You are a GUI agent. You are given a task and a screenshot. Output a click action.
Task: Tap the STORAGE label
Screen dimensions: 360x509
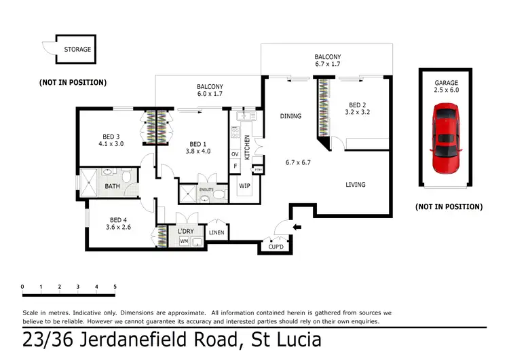pos(77,50)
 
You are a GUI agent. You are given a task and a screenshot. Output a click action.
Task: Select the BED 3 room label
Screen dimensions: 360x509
pos(111,136)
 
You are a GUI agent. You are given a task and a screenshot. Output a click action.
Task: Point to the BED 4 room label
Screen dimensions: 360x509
pos(118,220)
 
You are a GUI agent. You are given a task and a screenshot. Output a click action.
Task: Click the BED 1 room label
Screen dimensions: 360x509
pos(197,144)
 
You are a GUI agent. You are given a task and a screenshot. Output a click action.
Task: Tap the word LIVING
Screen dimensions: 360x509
pos(355,184)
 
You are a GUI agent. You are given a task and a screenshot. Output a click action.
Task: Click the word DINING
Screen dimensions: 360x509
pos(290,116)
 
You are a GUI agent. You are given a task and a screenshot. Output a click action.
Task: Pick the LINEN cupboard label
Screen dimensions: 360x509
pos(217,232)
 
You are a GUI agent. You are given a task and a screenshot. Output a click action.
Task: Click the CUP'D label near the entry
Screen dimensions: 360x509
pos(276,247)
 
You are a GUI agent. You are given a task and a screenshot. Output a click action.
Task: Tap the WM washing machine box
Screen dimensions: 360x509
pos(183,241)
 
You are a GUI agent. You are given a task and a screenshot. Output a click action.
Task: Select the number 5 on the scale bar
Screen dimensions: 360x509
pos(115,287)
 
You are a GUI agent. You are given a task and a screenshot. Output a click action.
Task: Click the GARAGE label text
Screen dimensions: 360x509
pos(446,83)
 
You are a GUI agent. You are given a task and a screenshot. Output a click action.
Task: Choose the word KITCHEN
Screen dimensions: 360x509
pos(247,147)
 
